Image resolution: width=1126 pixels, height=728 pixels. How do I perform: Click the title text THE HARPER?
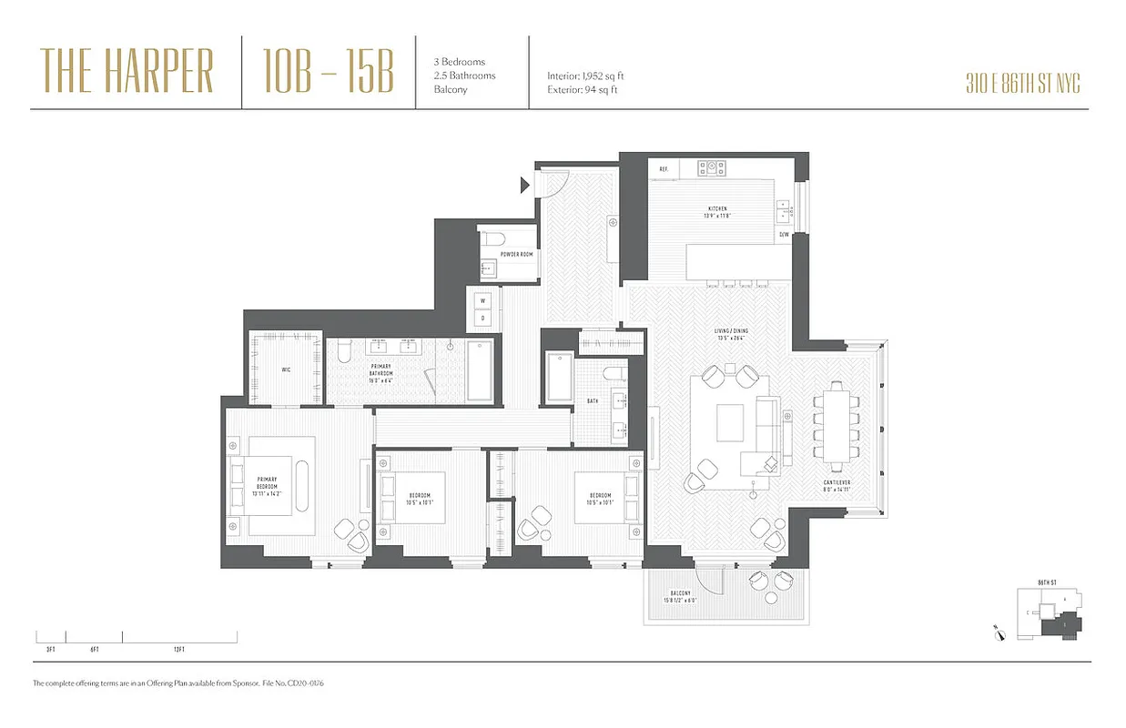pyautogui.click(x=127, y=71)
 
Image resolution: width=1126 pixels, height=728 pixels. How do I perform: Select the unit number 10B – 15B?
pyautogui.click(x=329, y=71)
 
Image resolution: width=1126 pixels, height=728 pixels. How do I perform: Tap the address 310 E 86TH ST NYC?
pyautogui.click(x=1022, y=85)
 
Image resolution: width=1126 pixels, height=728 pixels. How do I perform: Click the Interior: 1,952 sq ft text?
pyautogui.click(x=585, y=76)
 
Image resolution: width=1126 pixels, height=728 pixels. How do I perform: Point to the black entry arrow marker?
pyautogui.click(x=524, y=186)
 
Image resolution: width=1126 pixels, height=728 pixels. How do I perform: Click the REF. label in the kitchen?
pyautogui.click(x=664, y=169)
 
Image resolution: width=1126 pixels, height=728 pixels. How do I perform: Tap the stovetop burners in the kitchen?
pyautogui.click(x=712, y=168)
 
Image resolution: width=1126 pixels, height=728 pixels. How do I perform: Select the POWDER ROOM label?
pyautogui.click(x=515, y=255)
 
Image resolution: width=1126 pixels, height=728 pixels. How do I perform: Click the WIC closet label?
pyautogui.click(x=285, y=369)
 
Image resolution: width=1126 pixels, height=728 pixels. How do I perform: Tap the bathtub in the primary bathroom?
pyautogui.click(x=479, y=370)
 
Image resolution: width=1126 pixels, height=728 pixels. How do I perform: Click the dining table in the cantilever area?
pyautogui.click(x=837, y=422)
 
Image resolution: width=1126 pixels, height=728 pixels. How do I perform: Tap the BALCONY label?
pyautogui.click(x=683, y=592)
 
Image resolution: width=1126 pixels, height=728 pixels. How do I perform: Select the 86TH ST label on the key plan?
pyautogui.click(x=1046, y=582)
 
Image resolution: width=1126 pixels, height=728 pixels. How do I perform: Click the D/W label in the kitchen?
pyautogui.click(x=784, y=235)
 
